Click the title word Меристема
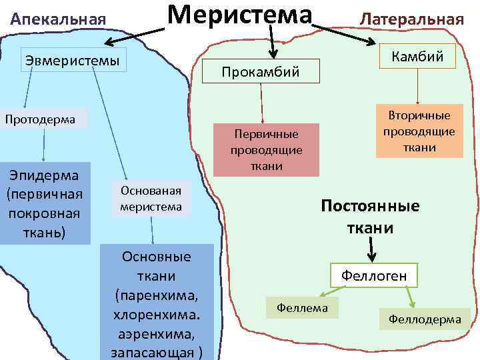click(239, 15)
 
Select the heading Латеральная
click(411, 19)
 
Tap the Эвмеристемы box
click(73, 61)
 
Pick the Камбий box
click(417, 56)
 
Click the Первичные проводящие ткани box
click(266, 150)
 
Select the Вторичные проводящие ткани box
click(419, 131)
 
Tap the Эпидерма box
click(44, 203)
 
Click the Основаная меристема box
click(151, 198)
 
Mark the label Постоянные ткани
click(370, 217)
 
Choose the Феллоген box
click(374, 275)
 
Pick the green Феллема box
click(302, 307)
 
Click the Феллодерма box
click(425, 319)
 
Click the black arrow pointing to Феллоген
click(371, 251)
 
